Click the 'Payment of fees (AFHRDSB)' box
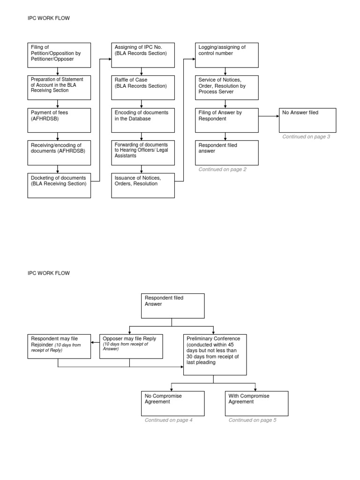click(59, 120)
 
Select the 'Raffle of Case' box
click(143, 87)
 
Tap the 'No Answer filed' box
click(307, 120)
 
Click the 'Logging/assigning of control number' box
click(227, 55)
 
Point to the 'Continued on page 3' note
click(306, 137)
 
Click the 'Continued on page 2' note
click(222, 170)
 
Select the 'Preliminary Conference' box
click(214, 354)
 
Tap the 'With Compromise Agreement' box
click(256, 403)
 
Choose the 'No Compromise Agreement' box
click(172, 403)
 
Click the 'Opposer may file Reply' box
click(129, 346)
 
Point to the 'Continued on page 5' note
click(252, 420)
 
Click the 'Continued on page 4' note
click(169, 420)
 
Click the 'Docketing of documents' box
click(59, 186)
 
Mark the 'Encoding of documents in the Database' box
click(143, 120)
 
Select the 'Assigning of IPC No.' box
click(143, 55)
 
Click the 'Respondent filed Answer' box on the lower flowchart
click(172, 306)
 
